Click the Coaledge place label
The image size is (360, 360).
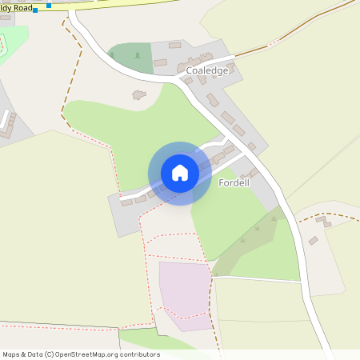point(207,70)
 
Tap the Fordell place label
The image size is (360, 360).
point(235,183)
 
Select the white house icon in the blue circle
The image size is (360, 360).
point(180,173)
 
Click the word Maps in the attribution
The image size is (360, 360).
point(12,354)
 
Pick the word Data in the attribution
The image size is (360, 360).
point(34,354)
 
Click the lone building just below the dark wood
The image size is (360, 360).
point(139,95)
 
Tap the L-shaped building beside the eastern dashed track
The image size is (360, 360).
point(323,221)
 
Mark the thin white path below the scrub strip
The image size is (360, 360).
point(256,278)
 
